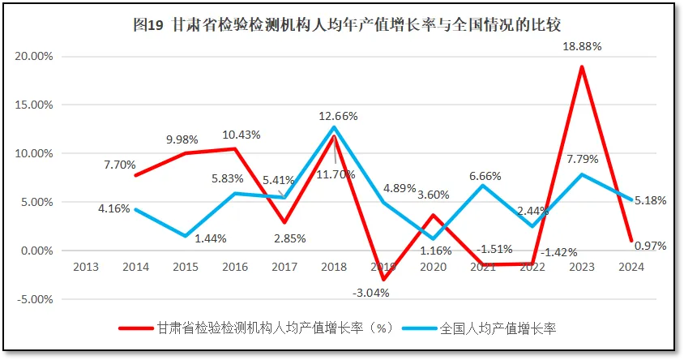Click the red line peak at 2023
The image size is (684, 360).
(581, 66)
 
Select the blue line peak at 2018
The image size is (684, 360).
(333, 127)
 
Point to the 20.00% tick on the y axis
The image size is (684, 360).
(34, 57)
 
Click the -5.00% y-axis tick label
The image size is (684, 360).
(34, 299)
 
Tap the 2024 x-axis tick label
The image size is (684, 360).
(631, 267)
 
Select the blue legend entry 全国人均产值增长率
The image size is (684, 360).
(495, 328)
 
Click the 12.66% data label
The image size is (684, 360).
(338, 115)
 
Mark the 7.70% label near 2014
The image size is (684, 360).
(120, 164)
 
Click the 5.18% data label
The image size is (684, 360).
(651, 199)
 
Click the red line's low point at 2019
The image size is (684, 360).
(383, 280)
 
